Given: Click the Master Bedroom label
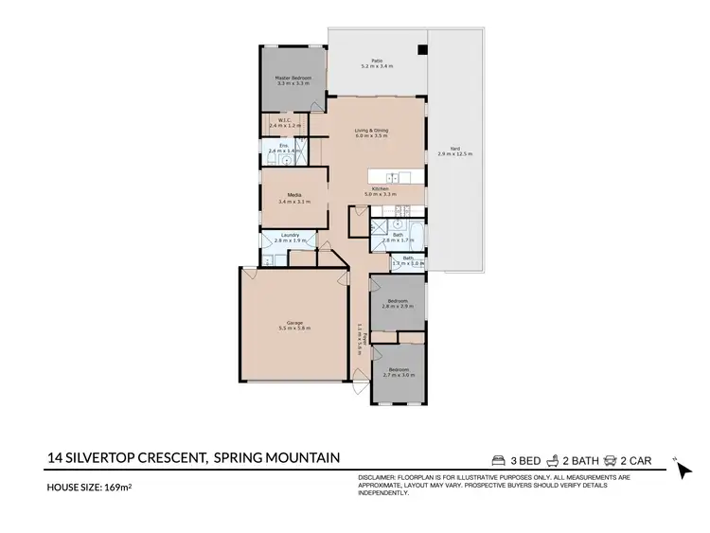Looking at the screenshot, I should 293,78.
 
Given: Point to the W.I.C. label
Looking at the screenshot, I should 283,120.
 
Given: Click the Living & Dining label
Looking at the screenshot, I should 372,130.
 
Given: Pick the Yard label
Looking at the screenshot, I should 454,148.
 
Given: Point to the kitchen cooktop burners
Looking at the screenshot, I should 401,210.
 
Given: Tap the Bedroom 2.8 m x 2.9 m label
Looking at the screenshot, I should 398,301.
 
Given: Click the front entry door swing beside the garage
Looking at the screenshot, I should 359,383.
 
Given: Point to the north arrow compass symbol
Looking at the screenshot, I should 685,471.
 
